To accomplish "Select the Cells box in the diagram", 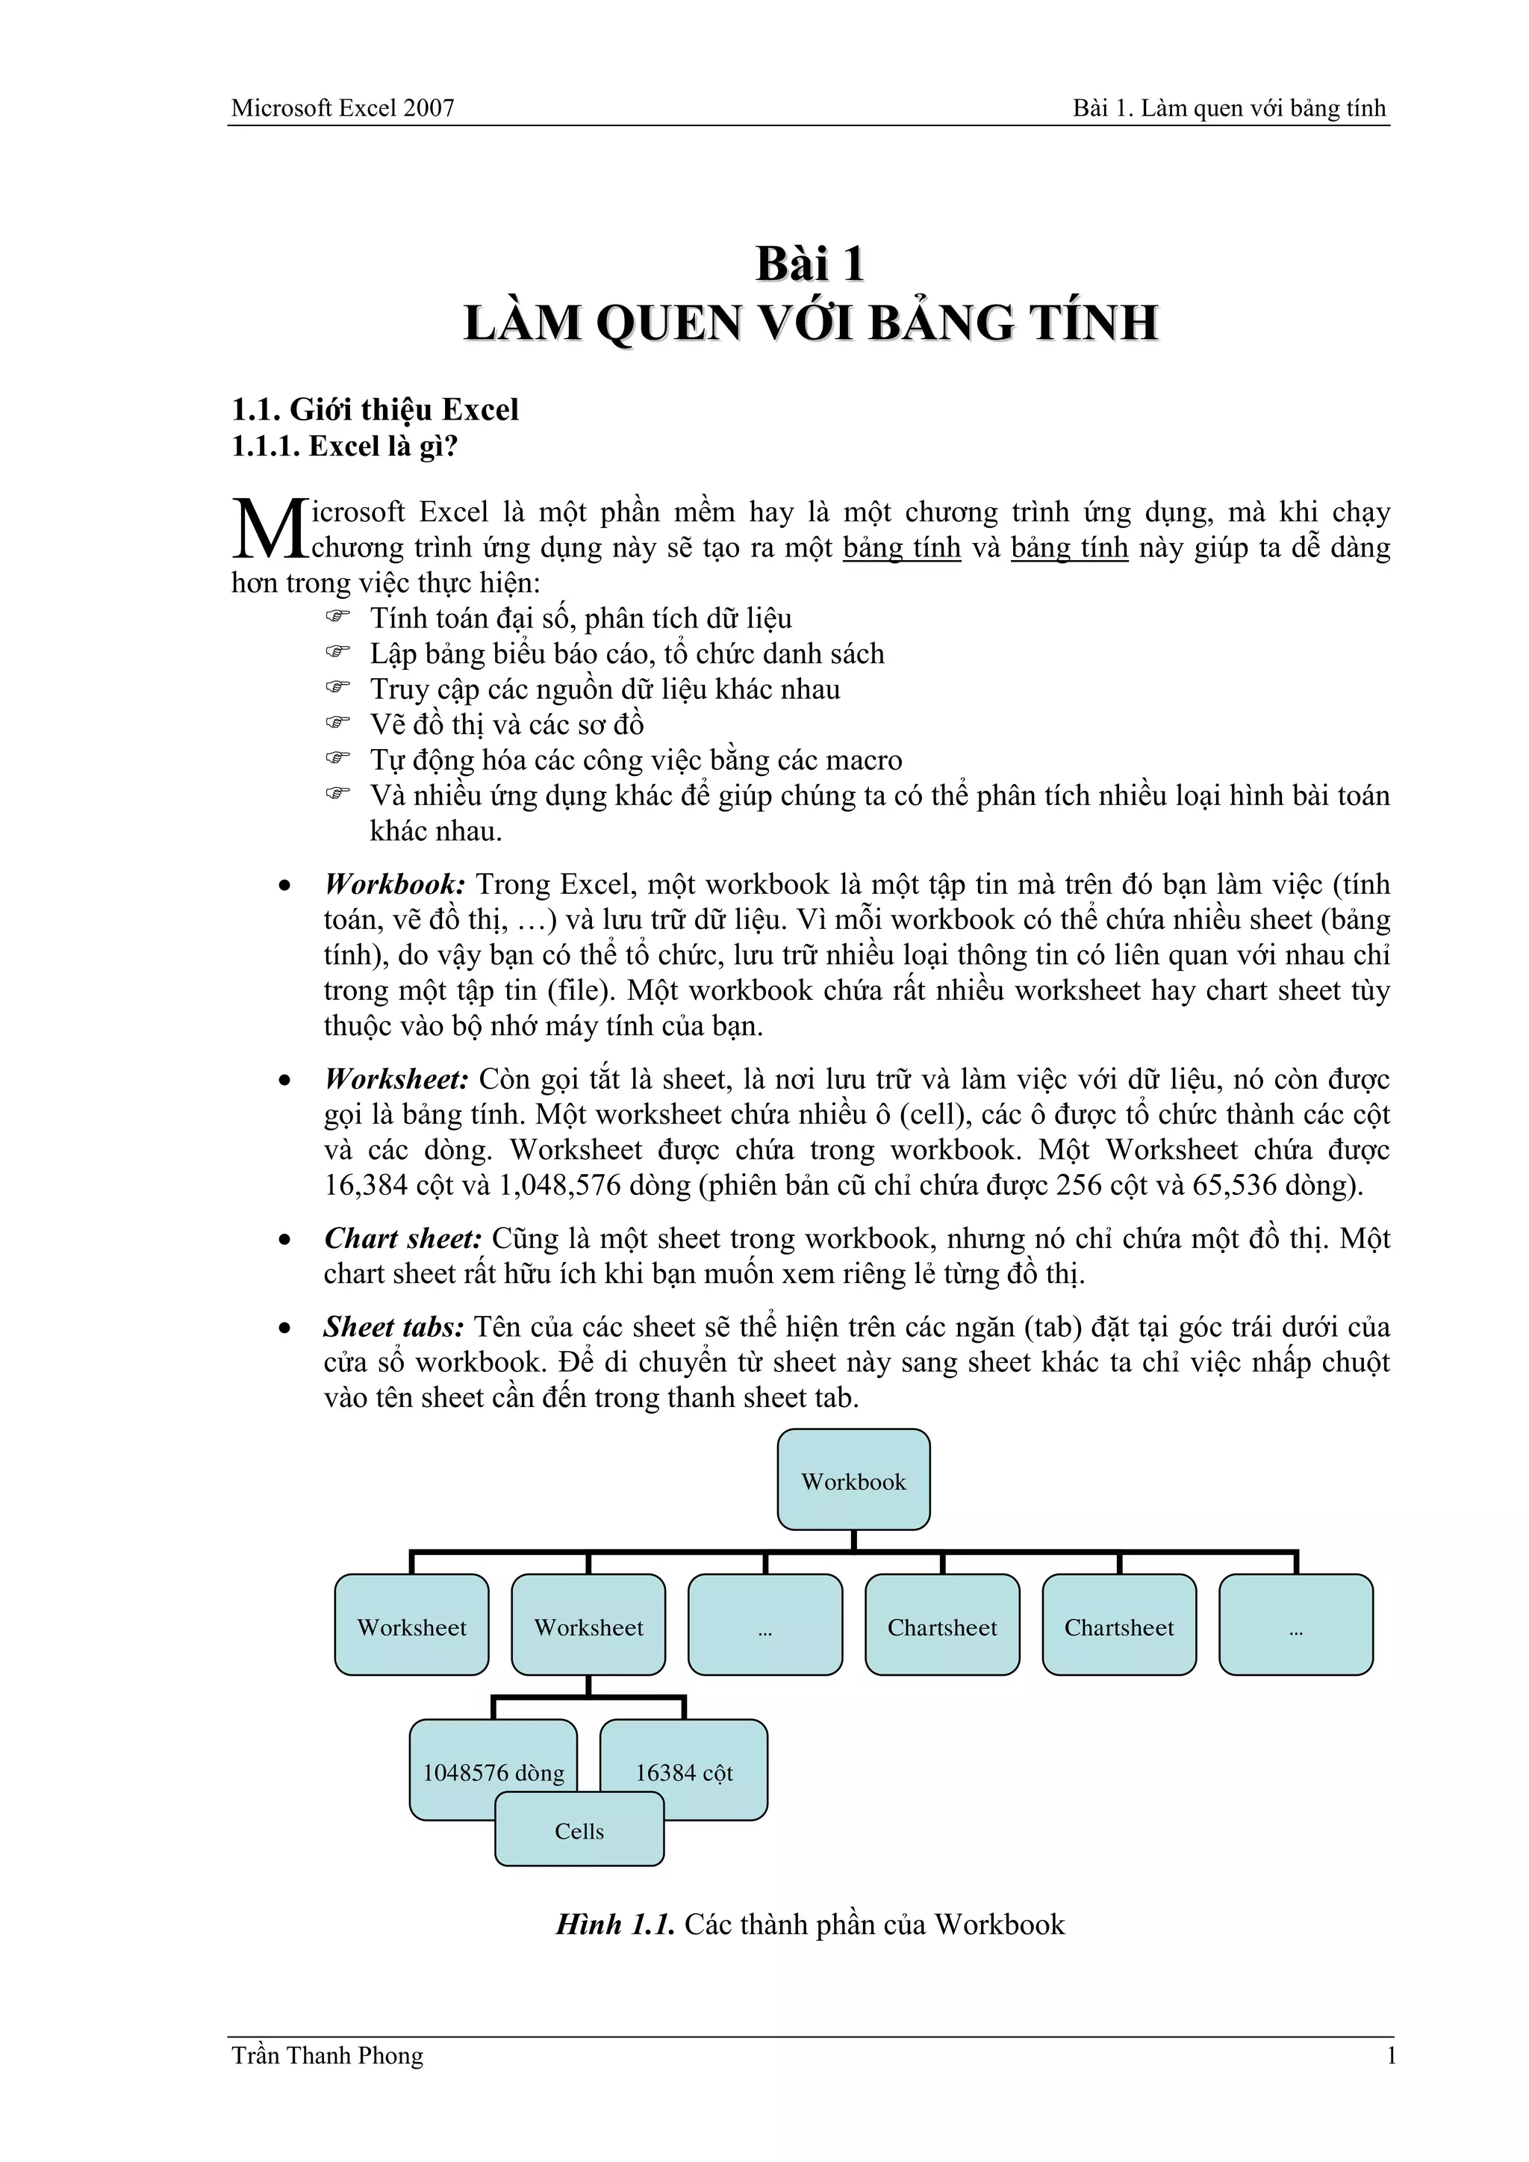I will click(579, 1830).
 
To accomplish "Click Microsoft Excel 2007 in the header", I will click(343, 108).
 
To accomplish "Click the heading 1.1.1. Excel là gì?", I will click(345, 447).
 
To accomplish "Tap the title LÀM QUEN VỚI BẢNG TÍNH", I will click(811, 323).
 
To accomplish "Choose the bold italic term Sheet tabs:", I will click(393, 1328).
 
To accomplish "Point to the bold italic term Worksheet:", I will click(396, 1079).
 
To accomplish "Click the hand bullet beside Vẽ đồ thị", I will click(337, 723).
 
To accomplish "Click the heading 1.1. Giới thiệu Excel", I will click(375, 409).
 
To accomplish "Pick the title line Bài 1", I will click(811, 264).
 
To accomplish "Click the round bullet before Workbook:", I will click(284, 886).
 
